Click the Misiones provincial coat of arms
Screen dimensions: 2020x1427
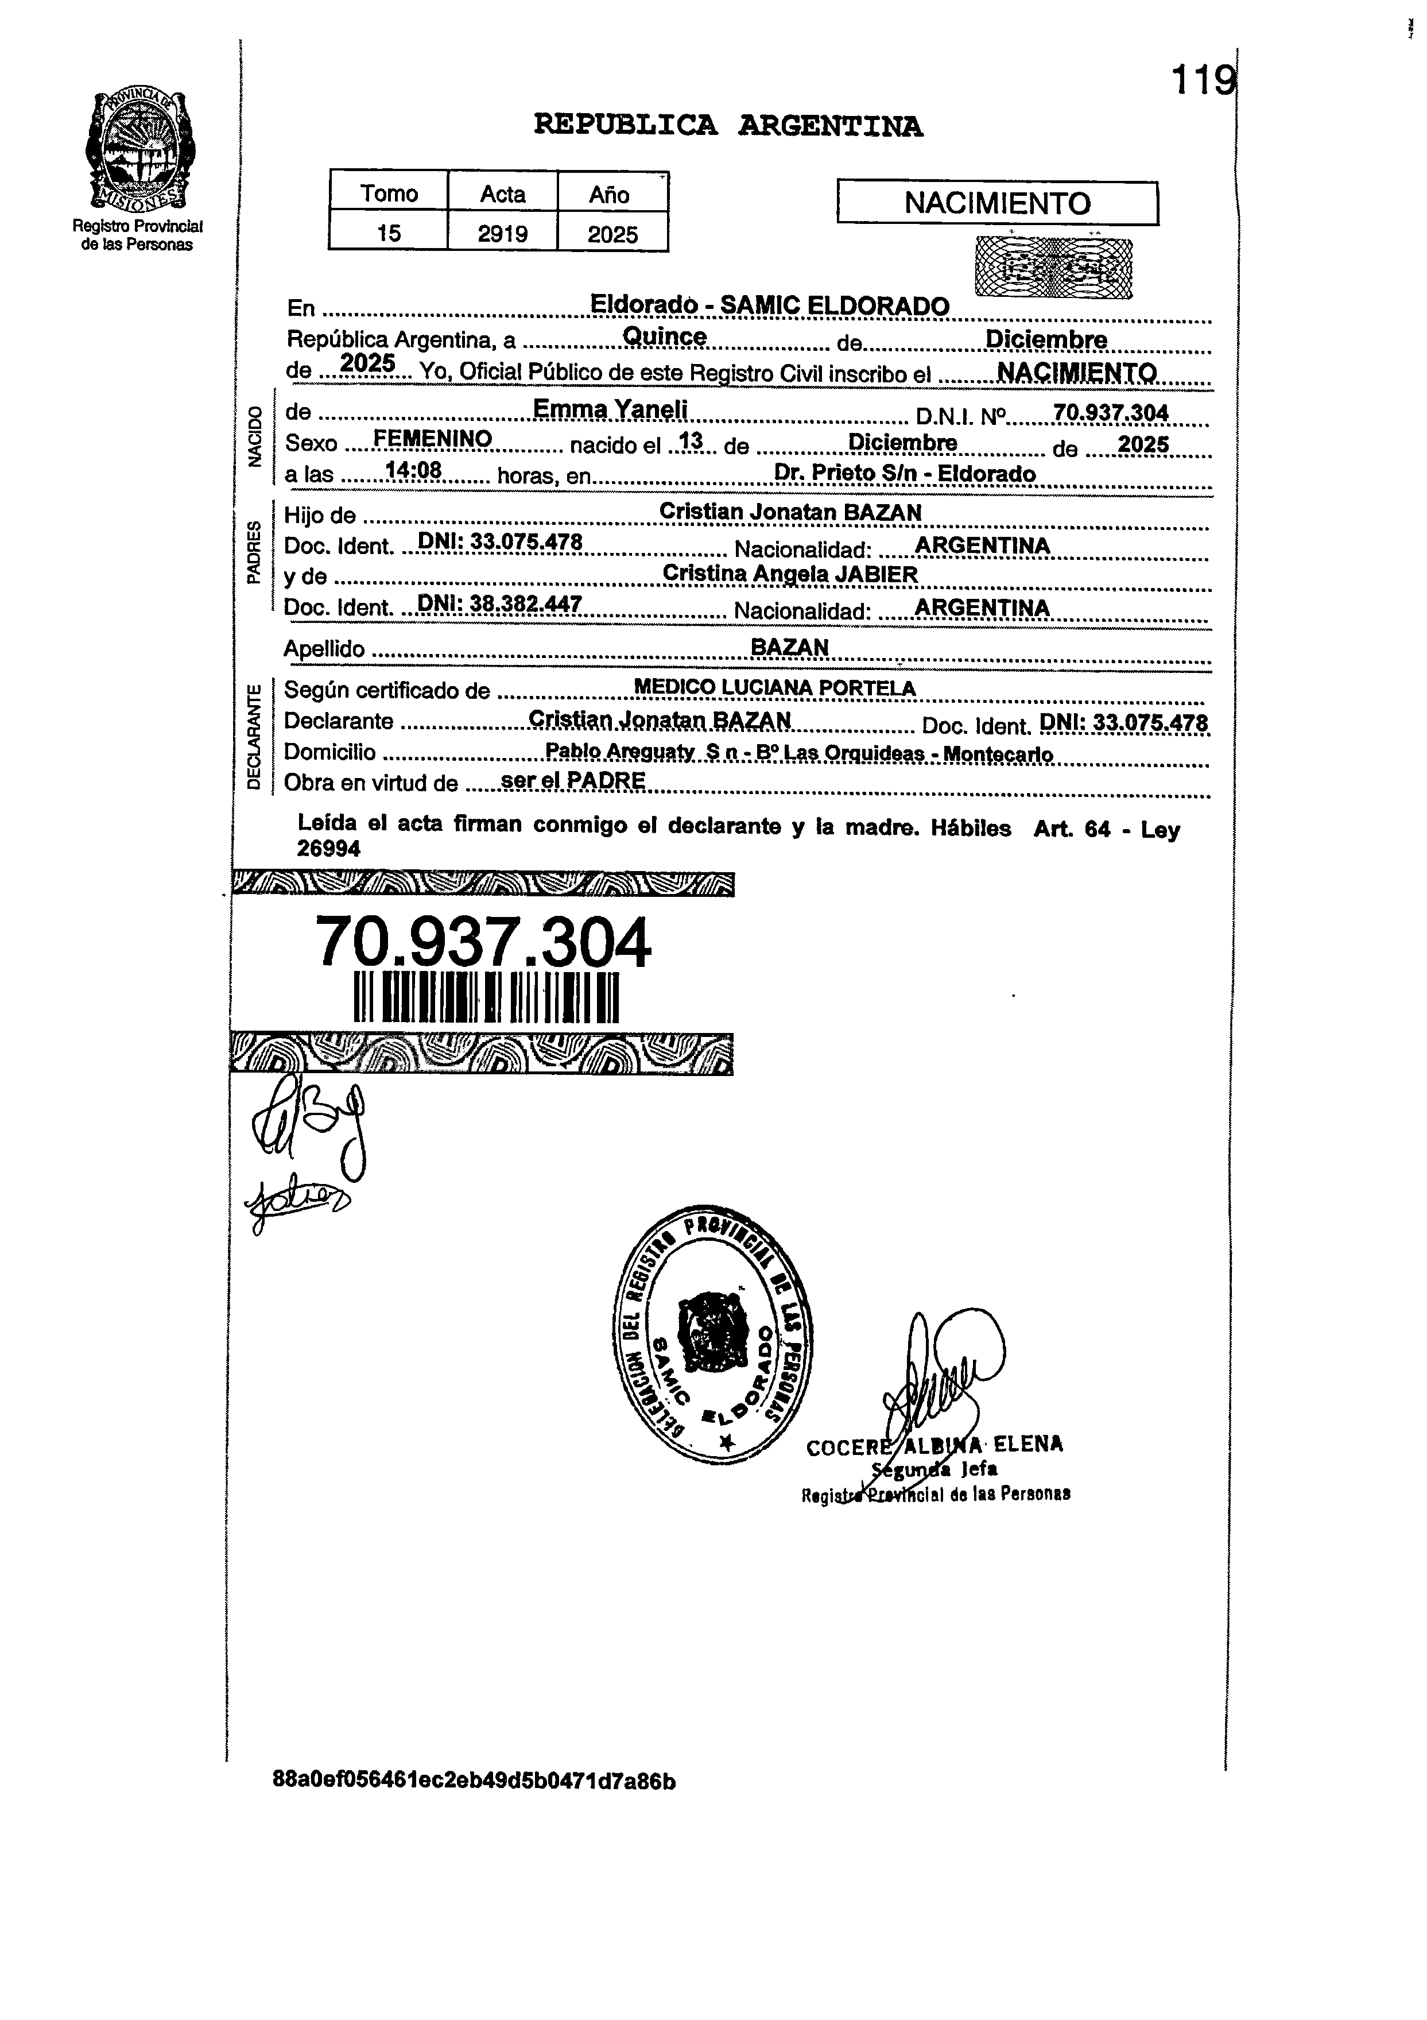click(139, 148)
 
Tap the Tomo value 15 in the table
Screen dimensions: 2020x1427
click(388, 233)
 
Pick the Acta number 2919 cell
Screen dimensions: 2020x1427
click(502, 233)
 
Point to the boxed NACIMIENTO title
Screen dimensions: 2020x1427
click(997, 203)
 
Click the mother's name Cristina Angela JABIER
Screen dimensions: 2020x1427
click(789, 574)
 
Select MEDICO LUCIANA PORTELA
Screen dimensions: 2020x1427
click(774, 688)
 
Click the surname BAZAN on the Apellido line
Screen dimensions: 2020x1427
click(789, 647)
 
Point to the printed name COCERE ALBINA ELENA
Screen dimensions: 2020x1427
click(934, 1445)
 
